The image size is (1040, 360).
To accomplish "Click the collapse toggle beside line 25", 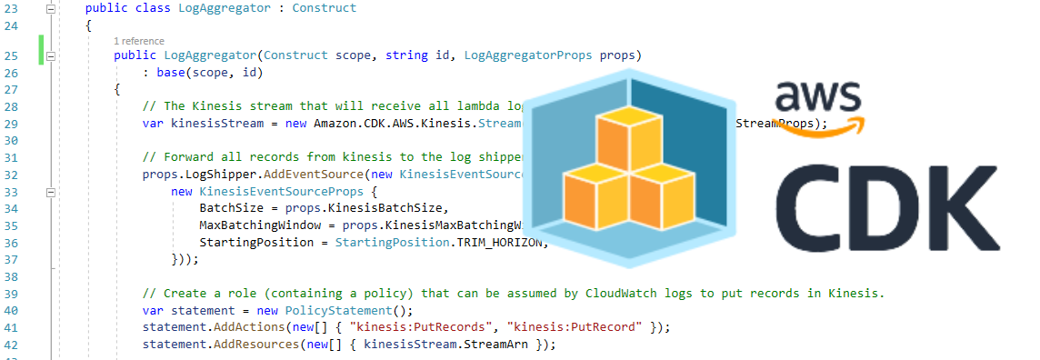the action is point(51,56).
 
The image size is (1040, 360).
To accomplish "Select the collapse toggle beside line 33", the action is point(51,193).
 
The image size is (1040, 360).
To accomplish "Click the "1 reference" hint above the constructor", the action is point(139,41).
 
